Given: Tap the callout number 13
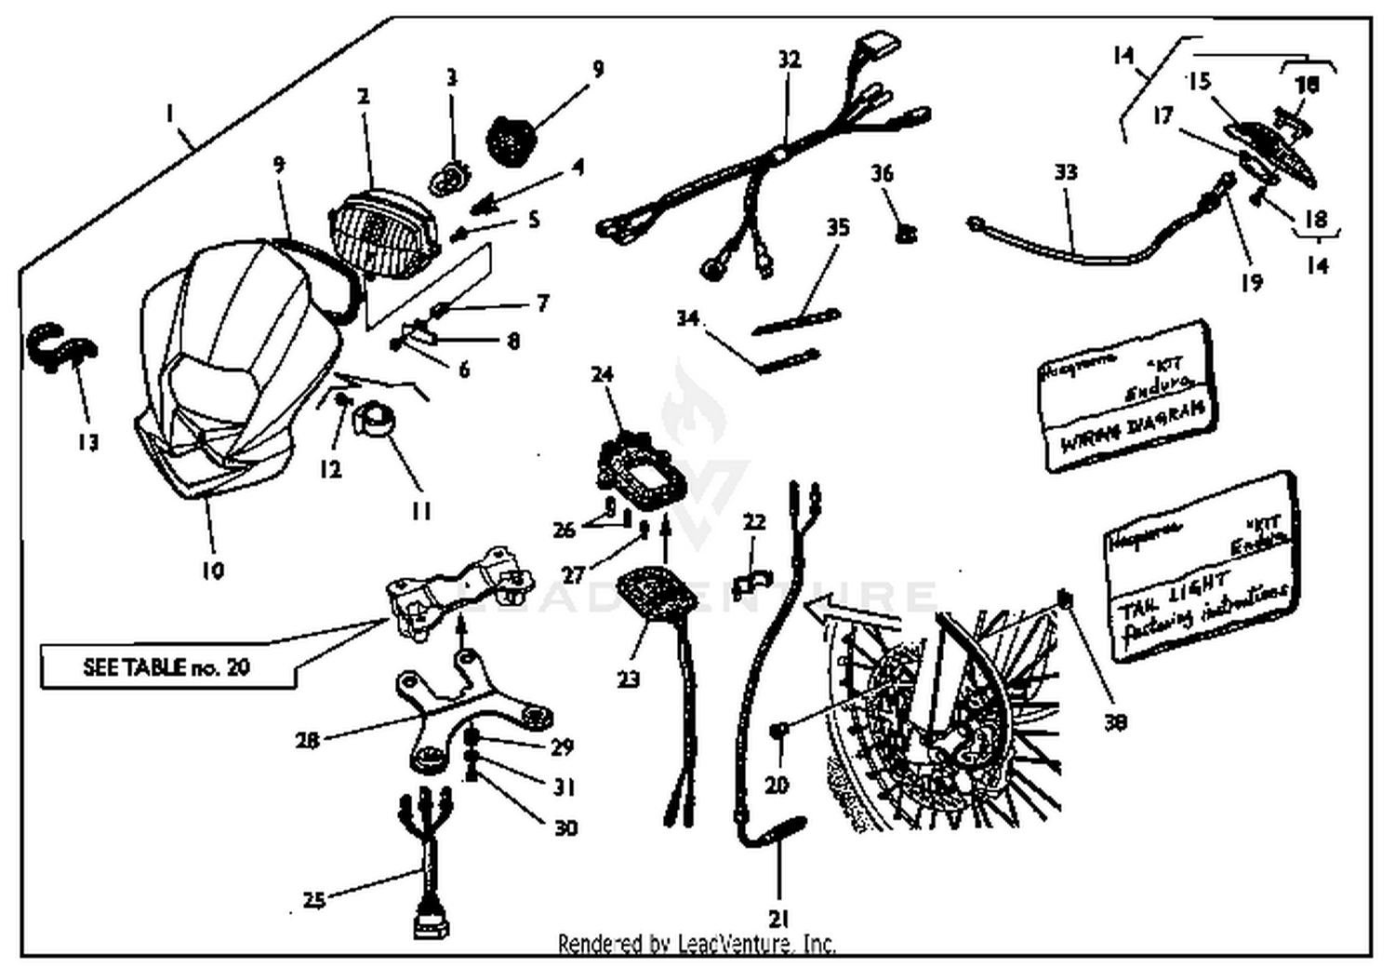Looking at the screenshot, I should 87,441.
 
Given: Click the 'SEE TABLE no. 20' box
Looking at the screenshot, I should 167,667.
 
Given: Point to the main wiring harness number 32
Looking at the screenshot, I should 763,168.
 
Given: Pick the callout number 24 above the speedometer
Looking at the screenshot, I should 603,374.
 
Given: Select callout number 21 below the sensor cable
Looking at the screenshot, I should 778,919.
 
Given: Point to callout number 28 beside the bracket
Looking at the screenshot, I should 307,740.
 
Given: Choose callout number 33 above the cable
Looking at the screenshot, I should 1066,172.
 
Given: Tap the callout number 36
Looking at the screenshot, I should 882,173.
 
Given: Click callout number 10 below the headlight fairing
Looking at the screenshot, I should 213,570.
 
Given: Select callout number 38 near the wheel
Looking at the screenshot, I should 1114,720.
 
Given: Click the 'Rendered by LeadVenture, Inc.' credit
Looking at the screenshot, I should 697,944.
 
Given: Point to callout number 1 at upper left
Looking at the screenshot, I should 169,114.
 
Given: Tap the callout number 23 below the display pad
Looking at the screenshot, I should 629,679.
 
